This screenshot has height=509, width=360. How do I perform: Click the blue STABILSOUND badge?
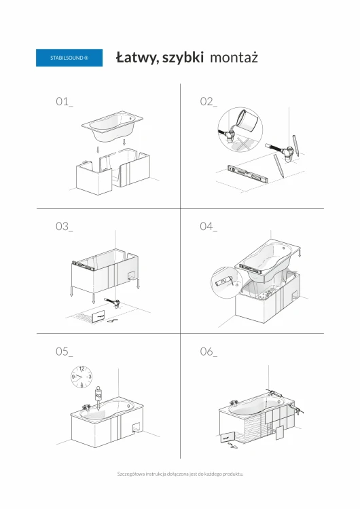[x=69, y=58]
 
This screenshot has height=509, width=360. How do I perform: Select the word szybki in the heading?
[x=183, y=58]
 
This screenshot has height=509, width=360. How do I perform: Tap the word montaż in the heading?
[x=234, y=58]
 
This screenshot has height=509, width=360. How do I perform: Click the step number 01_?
[x=65, y=102]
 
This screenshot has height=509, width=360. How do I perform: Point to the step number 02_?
[x=209, y=102]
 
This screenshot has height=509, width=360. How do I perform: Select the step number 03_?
[x=65, y=226]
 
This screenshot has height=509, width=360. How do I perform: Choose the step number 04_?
[x=209, y=226]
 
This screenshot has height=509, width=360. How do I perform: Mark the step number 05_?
[x=65, y=352]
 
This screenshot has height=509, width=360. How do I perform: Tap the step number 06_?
[x=209, y=352]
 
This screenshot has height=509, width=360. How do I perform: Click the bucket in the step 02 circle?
[x=249, y=121]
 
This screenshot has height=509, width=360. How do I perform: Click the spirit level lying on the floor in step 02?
[x=247, y=172]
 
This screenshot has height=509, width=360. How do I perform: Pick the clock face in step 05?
[x=82, y=377]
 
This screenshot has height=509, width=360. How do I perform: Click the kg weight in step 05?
[x=98, y=394]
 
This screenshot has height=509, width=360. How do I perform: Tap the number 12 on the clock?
[x=82, y=369]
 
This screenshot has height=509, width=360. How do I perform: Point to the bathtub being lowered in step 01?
[x=113, y=126]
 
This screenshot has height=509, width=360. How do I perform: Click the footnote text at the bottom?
[x=180, y=474]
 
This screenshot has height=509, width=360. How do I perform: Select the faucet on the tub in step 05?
[x=86, y=407]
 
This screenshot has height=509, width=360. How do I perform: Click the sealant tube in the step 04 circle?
[x=223, y=281]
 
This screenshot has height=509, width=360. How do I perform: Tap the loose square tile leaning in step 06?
[x=280, y=433]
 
